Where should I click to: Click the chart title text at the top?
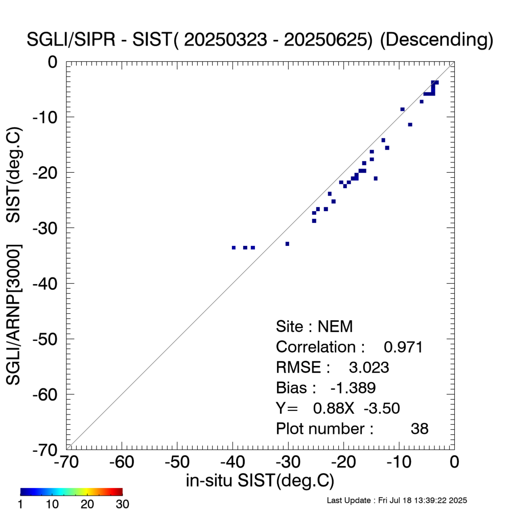pyautogui.click(x=260, y=40)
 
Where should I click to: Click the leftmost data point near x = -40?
pyautogui.click(x=234, y=247)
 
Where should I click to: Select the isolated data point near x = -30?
pyautogui.click(x=287, y=244)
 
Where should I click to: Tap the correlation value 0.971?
pyautogui.click(x=403, y=347)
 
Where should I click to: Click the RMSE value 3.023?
pyautogui.click(x=369, y=367)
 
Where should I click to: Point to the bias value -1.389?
pyautogui.click(x=353, y=388)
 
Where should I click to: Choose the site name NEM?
pyautogui.click(x=335, y=327)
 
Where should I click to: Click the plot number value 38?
pyautogui.click(x=420, y=429)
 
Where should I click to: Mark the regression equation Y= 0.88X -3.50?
pyautogui.click(x=338, y=408)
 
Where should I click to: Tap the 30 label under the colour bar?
pyautogui.click(x=122, y=504)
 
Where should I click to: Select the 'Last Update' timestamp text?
pyautogui.click(x=397, y=500)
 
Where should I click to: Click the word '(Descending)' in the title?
pyautogui.click(x=436, y=40)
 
